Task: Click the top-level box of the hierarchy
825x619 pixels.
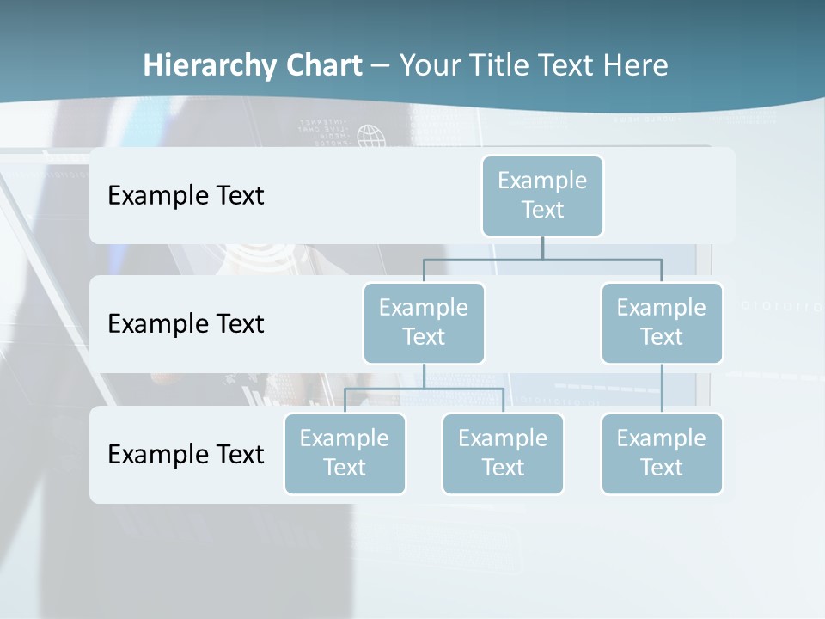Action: [542, 196]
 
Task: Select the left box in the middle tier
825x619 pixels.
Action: [424, 323]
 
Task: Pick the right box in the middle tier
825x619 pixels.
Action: [662, 323]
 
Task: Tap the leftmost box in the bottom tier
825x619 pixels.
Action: [345, 454]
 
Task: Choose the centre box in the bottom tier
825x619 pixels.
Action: [503, 454]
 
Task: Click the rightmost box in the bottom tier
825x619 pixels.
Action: [662, 454]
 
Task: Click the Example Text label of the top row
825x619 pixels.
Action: [186, 196]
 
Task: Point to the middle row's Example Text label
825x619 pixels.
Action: [186, 324]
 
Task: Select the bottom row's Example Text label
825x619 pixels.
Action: [186, 454]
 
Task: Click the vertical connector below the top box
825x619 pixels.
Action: [542, 248]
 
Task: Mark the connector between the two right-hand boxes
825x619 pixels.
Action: [662, 389]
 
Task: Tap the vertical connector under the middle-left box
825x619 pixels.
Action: [424, 376]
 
